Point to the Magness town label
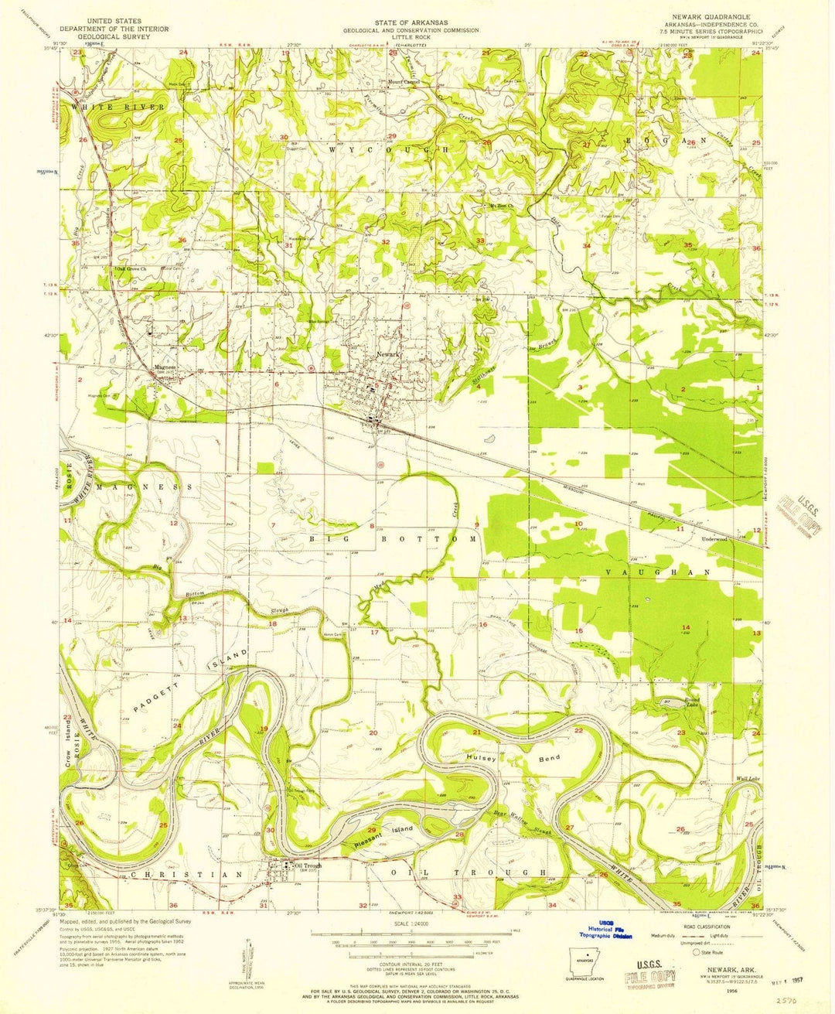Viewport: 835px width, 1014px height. [x=165, y=367]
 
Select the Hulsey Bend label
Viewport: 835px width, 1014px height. [x=513, y=759]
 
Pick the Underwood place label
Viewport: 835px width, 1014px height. [x=715, y=538]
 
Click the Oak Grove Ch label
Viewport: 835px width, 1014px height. [x=131, y=269]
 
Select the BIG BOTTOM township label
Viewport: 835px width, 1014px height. [x=394, y=538]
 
